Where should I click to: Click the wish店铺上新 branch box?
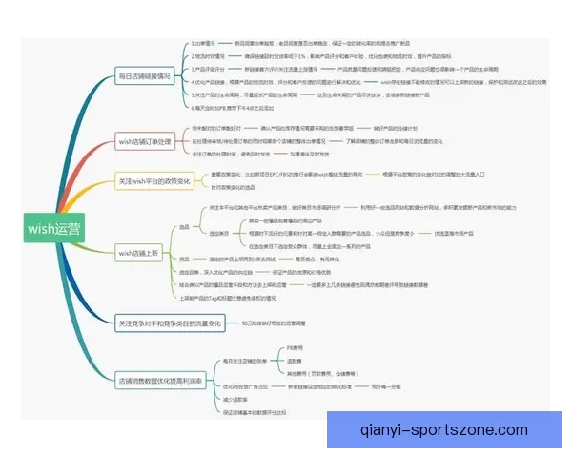pyautogui.click(x=139, y=254)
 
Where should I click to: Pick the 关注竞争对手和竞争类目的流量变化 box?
pyautogui.click(x=168, y=323)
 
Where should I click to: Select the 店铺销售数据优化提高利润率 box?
pyautogui.click(x=159, y=381)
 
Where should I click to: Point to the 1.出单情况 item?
pyautogui.click(x=205, y=44)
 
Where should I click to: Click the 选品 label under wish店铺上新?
pyautogui.click(x=184, y=227)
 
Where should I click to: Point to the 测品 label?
pyautogui.click(x=184, y=259)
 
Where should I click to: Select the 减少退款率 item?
pyautogui.click(x=235, y=399)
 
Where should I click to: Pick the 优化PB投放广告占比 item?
pyautogui.click(x=245, y=386)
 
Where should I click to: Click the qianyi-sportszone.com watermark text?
pyautogui.click(x=443, y=429)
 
